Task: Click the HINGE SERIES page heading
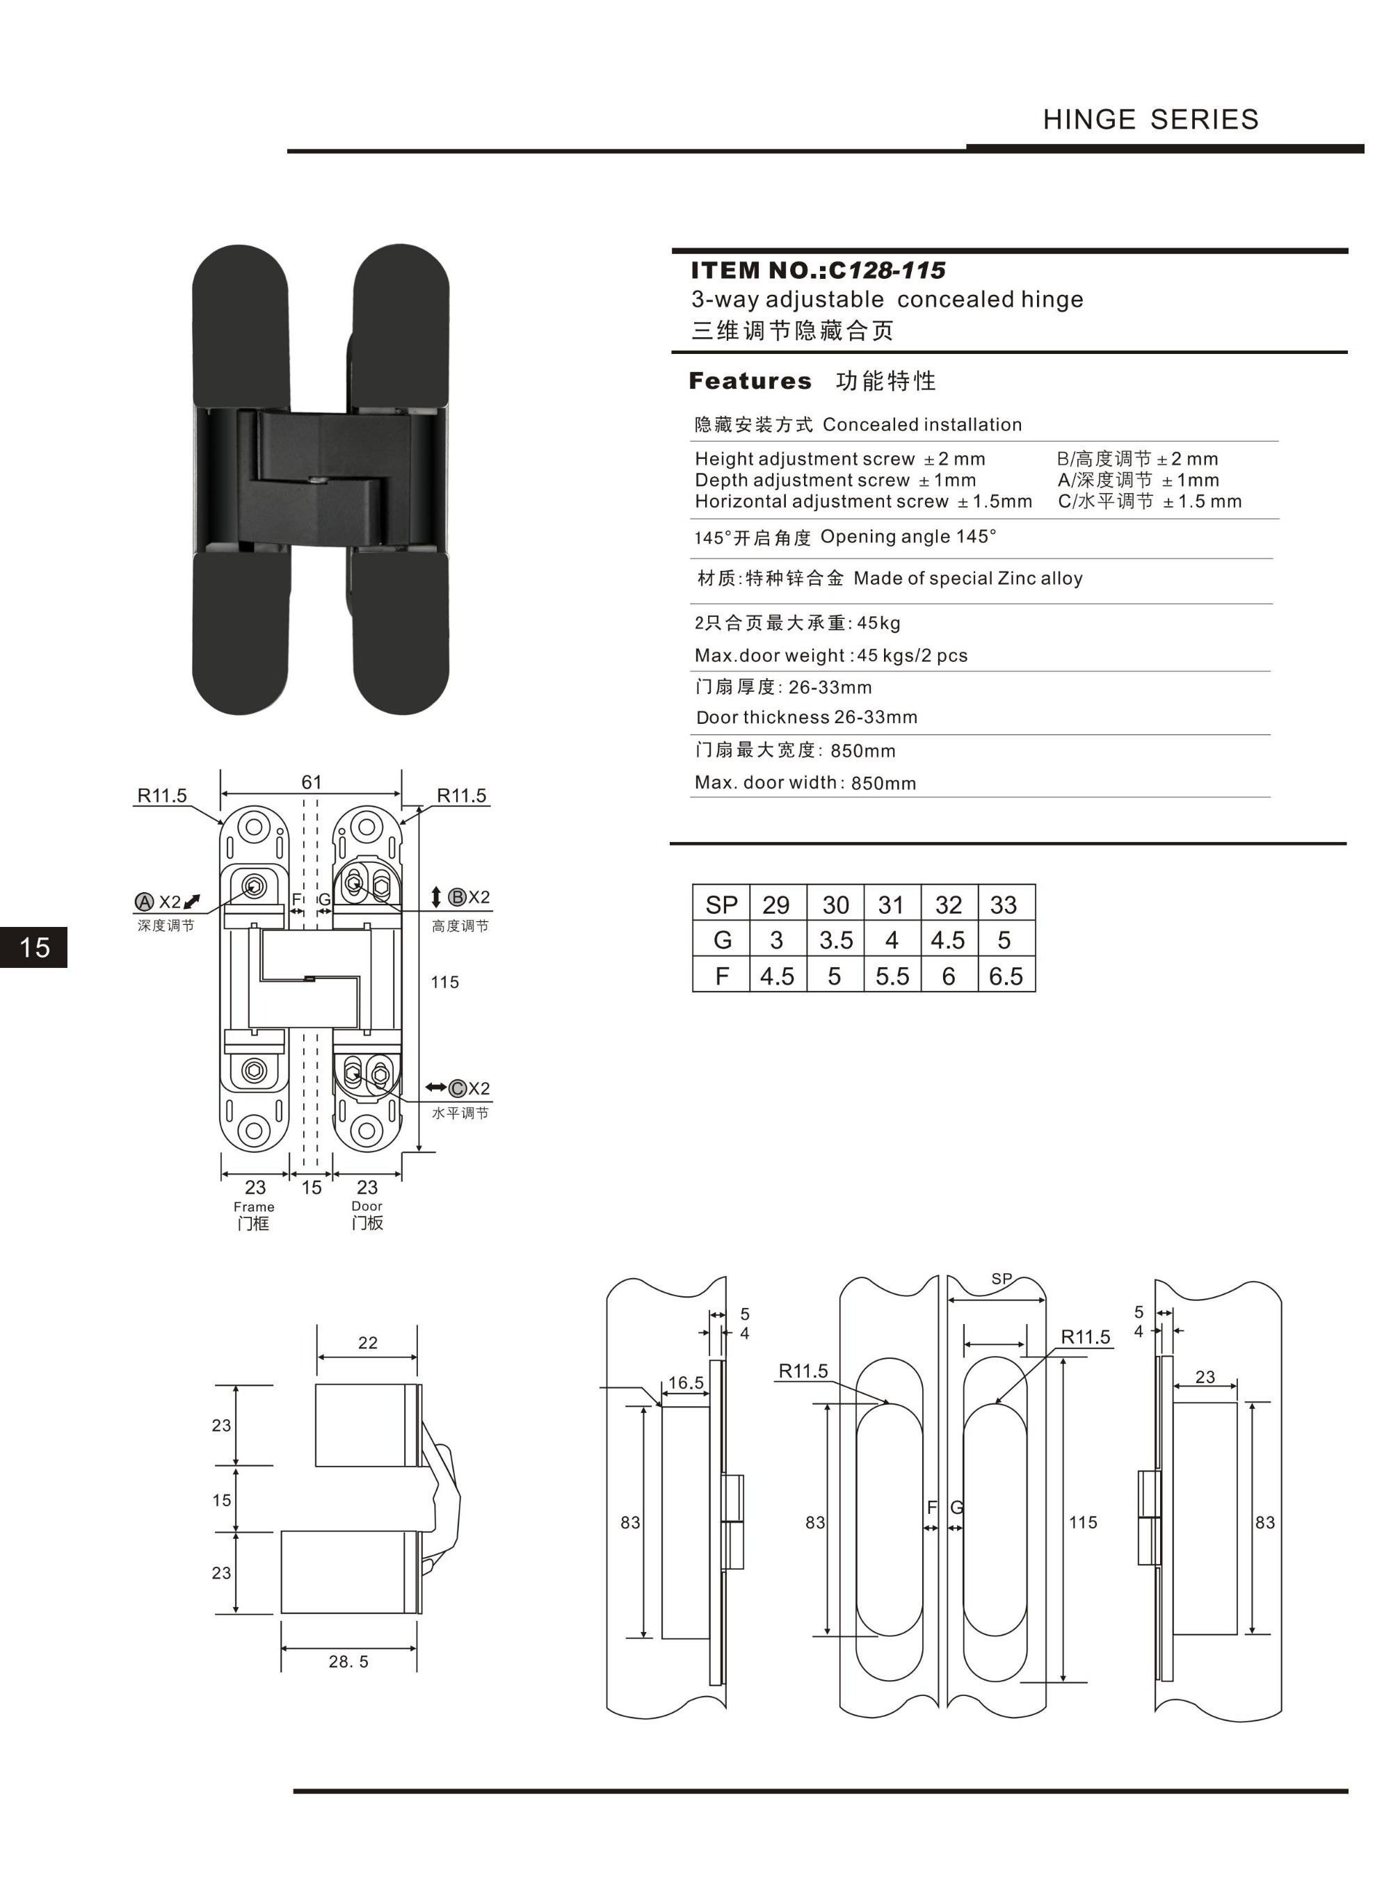(1150, 120)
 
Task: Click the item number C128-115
(887, 271)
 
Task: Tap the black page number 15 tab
(33, 947)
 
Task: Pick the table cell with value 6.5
(1006, 976)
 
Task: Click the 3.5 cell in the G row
(835, 940)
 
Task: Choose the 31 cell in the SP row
(891, 905)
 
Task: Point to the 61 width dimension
(312, 782)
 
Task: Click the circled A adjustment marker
(144, 902)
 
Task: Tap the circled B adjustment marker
(457, 897)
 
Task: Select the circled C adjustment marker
(457, 1088)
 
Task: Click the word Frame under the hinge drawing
(253, 1207)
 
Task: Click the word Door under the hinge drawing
(367, 1206)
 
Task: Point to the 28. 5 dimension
(348, 1661)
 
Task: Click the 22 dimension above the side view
(368, 1342)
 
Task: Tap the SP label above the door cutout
(1001, 1278)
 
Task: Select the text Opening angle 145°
(908, 537)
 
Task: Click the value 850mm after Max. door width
(883, 784)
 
